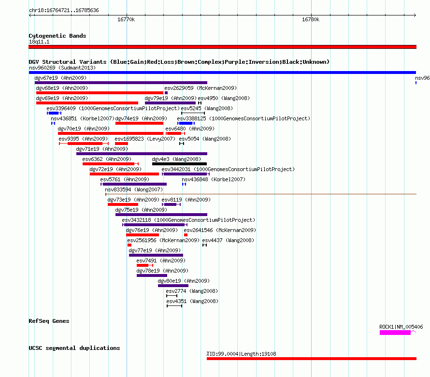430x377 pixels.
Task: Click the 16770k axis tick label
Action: pyautogui.click(x=126, y=19)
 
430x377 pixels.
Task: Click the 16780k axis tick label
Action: pyautogui.click(x=311, y=19)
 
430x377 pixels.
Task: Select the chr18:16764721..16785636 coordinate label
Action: pyautogui.click(x=64, y=10)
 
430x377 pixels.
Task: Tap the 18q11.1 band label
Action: pyautogui.click(x=39, y=42)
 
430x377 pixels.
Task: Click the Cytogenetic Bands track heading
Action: pyautogui.click(x=57, y=36)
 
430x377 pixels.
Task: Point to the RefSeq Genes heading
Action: pyautogui.click(x=49, y=321)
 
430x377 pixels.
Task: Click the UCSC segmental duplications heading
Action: pyautogui.click(x=74, y=348)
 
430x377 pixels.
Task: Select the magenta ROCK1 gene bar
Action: pyautogui.click(x=395, y=333)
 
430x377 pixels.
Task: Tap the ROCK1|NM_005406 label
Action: pyautogui.click(x=401, y=327)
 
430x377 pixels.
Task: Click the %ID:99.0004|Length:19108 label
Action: pyautogui.click(x=241, y=354)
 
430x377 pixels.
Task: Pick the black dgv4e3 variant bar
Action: pyautogui.click(x=179, y=164)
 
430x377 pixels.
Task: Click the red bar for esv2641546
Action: pyautogui.click(x=186, y=235)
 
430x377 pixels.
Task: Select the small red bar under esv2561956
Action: pyautogui.click(x=129, y=245)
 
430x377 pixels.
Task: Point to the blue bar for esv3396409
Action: pyautogui.click(x=54, y=113)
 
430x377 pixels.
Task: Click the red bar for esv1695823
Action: pyautogui.click(x=121, y=144)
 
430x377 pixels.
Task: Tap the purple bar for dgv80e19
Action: pyautogui.click(x=173, y=286)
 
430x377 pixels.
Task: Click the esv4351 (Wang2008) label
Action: pyautogui.click(x=192, y=301)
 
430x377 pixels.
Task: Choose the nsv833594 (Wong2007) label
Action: pyautogui.click(x=134, y=189)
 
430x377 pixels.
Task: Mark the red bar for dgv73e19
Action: pyautogui.click(x=123, y=204)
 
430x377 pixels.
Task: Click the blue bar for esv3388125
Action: pyautogui.click(x=186, y=123)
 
